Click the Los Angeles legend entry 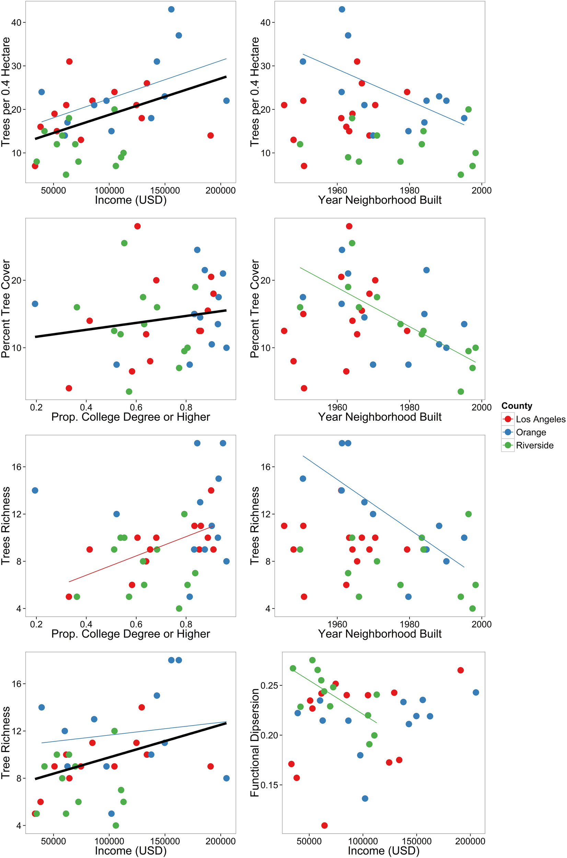540,419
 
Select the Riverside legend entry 534,445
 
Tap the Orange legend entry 531,432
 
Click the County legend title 517,406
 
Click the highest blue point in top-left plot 171,9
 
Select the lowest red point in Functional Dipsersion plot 324,825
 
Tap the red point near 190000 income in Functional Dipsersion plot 460,670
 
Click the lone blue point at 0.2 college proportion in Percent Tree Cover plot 35,304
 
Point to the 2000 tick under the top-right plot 481,190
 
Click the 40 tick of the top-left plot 16,22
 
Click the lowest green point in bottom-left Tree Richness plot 116,825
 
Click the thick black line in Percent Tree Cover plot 130,324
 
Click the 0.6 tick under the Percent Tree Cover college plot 136,407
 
